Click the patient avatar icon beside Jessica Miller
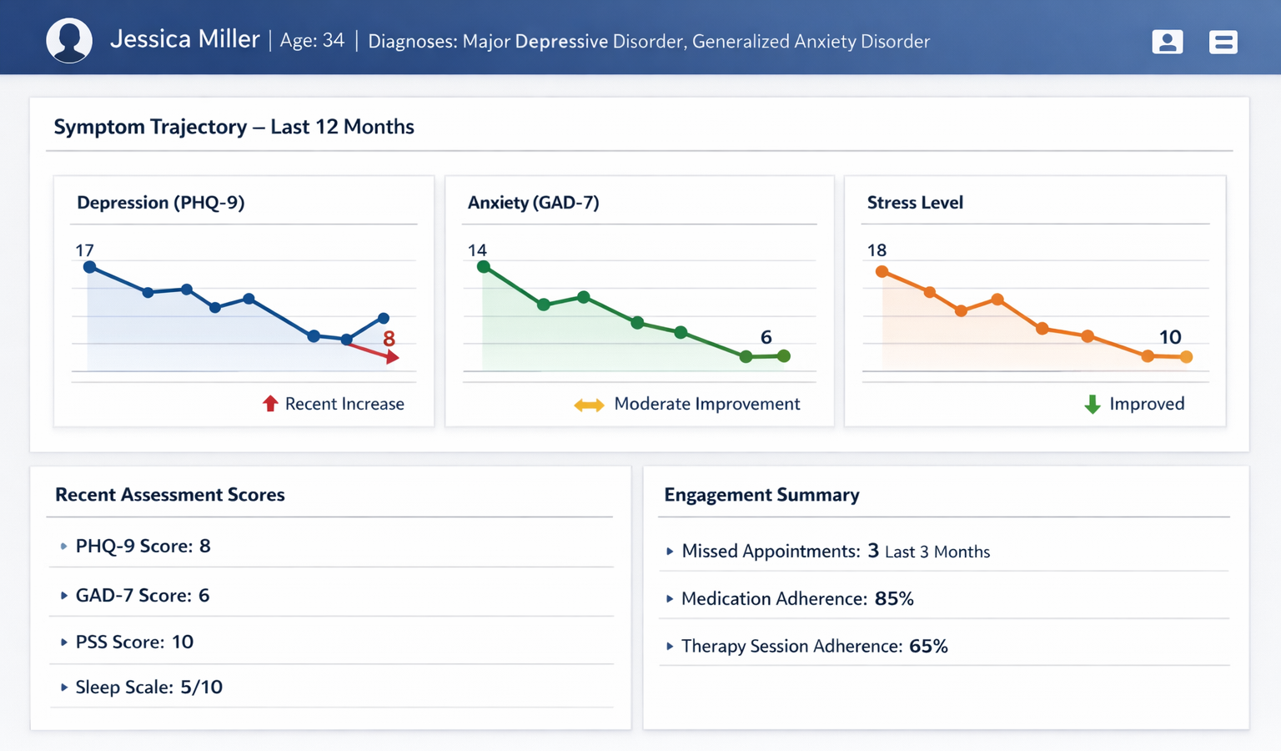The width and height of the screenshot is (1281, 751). coord(68,40)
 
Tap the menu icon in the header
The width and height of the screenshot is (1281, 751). coord(1223,42)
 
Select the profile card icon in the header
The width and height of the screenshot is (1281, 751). coord(1167,42)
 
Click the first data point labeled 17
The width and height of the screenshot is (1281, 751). coord(89,267)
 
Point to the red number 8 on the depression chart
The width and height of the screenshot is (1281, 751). coord(389,339)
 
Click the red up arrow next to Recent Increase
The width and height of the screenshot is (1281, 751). coord(270,404)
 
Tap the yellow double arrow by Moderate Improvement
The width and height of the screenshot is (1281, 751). coord(589,405)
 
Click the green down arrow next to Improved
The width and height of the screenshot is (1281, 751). coord(1092,405)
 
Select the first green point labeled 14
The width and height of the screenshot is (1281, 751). coord(483,267)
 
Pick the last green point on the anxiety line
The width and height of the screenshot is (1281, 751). coord(784,356)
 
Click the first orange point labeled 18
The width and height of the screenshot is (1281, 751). coord(882,271)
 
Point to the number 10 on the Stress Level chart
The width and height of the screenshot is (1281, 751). coord(1169,337)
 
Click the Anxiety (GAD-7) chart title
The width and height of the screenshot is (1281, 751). coord(533,203)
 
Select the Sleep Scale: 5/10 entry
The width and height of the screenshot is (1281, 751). coord(148,687)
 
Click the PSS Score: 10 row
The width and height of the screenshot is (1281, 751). coord(134,642)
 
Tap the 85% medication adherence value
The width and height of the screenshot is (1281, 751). coord(894,598)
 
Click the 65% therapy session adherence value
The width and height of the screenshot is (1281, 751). coord(928,646)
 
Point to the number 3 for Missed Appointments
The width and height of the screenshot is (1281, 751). coord(873,551)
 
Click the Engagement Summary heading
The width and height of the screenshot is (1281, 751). coord(761,495)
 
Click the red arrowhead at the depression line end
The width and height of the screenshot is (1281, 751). coord(393,357)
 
